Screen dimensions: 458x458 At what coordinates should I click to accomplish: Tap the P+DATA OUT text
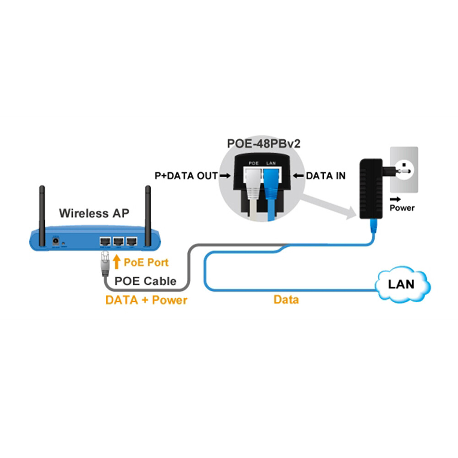[186, 175]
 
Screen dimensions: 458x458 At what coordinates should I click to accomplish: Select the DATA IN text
[326, 175]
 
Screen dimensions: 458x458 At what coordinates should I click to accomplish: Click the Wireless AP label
[94, 213]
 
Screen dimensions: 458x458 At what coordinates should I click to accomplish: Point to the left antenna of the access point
[42, 211]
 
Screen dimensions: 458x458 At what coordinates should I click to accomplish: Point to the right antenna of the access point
[148, 211]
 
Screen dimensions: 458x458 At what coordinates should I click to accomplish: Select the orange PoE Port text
[146, 262]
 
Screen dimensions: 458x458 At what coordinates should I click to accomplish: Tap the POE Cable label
[145, 281]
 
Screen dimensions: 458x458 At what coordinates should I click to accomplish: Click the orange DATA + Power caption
[146, 300]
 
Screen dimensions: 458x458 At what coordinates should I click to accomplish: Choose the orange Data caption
[286, 300]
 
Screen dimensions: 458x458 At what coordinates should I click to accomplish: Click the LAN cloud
[401, 284]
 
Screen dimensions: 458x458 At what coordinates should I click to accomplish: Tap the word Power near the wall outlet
[402, 208]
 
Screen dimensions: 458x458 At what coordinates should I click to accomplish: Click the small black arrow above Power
[394, 200]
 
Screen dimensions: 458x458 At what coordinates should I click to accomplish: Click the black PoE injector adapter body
[372, 188]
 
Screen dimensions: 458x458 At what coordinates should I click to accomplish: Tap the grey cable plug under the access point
[104, 263]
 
